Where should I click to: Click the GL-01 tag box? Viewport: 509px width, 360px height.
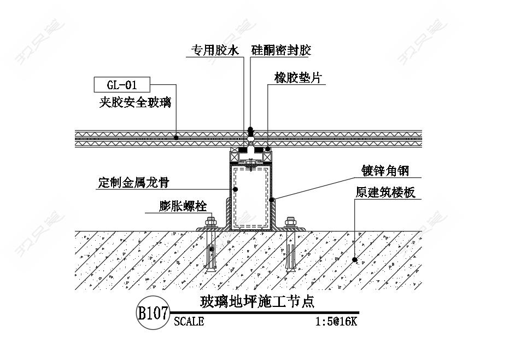pos(121,85)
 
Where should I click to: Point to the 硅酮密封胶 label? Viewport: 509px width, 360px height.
pos(281,51)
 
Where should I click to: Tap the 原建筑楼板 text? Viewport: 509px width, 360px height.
pos(385,192)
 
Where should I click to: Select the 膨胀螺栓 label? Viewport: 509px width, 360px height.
pos(183,206)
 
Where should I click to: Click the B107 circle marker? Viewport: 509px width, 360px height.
pos(153,313)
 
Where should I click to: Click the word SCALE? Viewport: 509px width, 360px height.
pos(189,321)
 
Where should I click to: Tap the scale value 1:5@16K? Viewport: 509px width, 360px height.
pos(336,321)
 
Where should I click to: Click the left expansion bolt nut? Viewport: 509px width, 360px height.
pos(209,222)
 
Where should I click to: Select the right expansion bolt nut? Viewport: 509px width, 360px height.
pos(291,222)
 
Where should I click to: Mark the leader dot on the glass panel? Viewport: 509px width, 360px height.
pos(176,137)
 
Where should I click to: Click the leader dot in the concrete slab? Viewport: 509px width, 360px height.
pos(355,259)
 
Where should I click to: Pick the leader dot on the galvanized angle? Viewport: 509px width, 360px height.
pos(272,199)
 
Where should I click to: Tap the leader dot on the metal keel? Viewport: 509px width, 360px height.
pos(236,189)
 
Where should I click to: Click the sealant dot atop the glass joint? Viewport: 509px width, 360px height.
pos(251,130)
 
